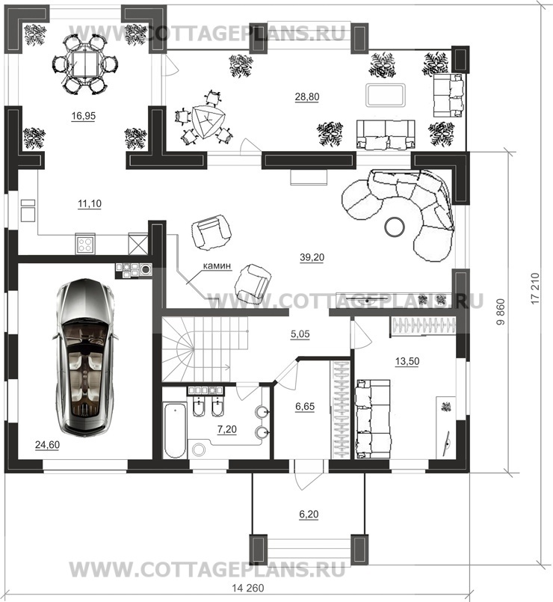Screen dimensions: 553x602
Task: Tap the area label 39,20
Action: (x=312, y=257)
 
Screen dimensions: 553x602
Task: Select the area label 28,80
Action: (x=307, y=96)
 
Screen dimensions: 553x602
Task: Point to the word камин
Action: (x=217, y=265)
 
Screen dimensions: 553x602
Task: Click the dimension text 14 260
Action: (x=248, y=588)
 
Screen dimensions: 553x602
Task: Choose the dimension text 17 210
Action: (x=535, y=289)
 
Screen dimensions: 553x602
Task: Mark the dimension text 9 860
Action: (x=501, y=313)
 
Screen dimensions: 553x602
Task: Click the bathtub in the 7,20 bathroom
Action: (x=175, y=430)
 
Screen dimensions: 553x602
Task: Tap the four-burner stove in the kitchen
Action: (x=85, y=243)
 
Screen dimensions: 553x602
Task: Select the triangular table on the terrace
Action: (x=206, y=122)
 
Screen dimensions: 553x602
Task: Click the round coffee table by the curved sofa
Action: (x=394, y=227)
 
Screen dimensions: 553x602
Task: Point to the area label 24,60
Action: (x=47, y=445)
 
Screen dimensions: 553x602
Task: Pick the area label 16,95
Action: (x=83, y=116)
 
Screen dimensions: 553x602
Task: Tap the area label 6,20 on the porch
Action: (x=309, y=514)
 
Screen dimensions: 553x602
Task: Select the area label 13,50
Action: (x=407, y=361)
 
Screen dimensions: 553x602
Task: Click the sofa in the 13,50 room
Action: (x=373, y=419)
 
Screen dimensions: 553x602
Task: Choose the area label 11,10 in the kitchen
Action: (x=90, y=203)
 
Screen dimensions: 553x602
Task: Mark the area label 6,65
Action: (x=305, y=406)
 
